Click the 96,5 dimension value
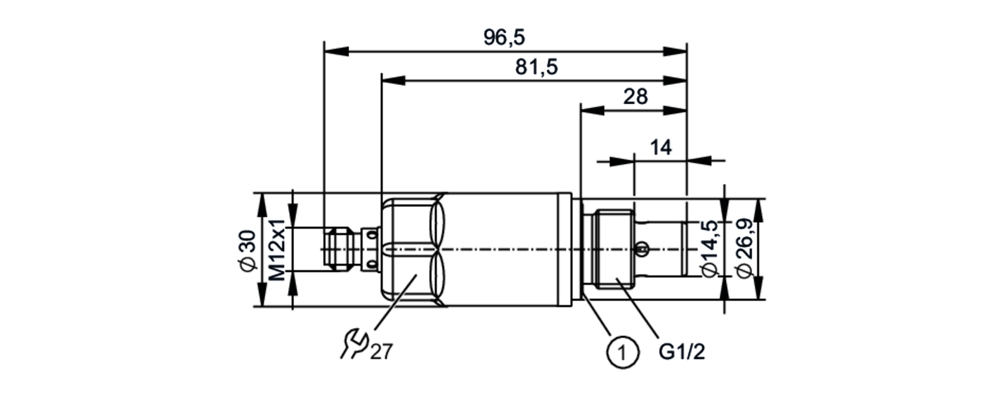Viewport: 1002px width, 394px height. point(504,38)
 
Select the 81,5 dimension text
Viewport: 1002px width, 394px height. point(536,67)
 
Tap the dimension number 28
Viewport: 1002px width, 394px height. point(635,96)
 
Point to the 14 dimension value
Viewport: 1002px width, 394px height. point(660,148)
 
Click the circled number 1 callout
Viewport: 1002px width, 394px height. point(623,352)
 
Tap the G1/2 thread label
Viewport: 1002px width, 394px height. point(681,352)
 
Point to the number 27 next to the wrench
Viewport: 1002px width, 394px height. point(382,352)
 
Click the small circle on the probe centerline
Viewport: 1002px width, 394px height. point(642,248)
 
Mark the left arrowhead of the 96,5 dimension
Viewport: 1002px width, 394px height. point(336,51)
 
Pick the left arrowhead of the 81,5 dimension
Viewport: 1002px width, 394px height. point(393,81)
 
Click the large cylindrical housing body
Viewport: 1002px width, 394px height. point(506,249)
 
